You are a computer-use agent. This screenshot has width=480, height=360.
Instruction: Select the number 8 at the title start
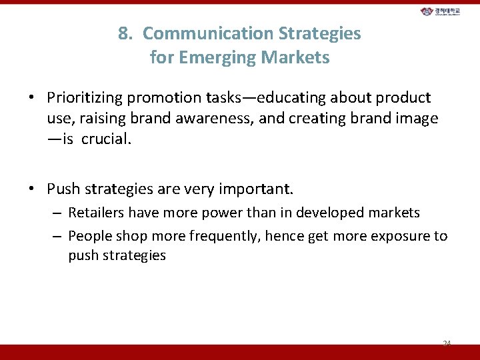click(123, 33)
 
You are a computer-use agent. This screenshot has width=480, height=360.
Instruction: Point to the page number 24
click(447, 343)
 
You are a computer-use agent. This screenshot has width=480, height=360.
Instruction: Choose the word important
click(257, 189)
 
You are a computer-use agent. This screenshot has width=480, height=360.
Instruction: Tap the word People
click(89, 236)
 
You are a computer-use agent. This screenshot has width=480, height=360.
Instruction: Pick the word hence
click(276, 236)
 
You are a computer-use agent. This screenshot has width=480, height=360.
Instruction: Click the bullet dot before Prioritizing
click(31, 98)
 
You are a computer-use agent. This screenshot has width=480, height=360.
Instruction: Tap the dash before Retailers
click(57, 213)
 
